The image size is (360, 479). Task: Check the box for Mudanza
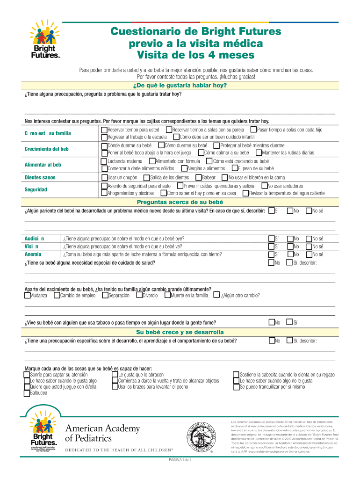(27, 295)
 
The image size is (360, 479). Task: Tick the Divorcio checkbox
(139, 295)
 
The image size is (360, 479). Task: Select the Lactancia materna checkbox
(104, 161)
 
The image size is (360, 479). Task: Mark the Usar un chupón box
(104, 177)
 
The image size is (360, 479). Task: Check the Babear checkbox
(199, 177)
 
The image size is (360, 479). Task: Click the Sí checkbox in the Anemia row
(272, 254)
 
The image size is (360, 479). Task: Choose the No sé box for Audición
(309, 238)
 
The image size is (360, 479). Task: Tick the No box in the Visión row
(290, 246)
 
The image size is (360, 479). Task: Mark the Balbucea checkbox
(27, 393)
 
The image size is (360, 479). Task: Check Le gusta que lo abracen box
(115, 375)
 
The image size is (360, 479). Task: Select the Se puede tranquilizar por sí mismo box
(236, 387)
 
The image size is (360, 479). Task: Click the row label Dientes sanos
(40, 178)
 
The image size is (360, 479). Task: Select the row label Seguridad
(36, 189)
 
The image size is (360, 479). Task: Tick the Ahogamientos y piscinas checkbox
(104, 193)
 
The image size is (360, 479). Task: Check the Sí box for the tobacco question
(290, 322)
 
